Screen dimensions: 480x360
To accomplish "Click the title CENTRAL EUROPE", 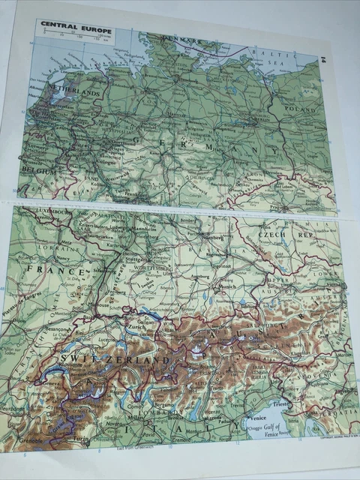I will [x=76, y=31].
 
